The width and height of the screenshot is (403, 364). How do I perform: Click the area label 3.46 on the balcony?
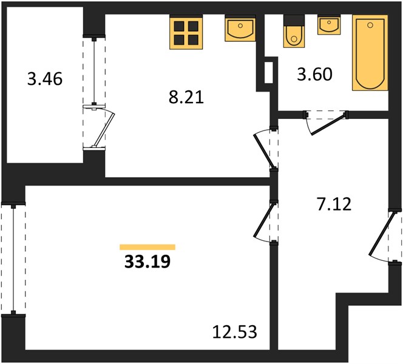pyautogui.click(x=45, y=79)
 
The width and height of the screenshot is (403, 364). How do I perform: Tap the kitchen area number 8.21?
pyautogui.click(x=186, y=97)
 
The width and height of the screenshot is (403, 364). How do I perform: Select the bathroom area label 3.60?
pyautogui.click(x=314, y=75)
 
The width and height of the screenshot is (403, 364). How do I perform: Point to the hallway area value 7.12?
pyautogui.click(x=334, y=204)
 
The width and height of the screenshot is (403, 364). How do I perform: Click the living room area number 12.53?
pyautogui.click(x=235, y=332)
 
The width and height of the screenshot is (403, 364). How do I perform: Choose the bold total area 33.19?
pyautogui.click(x=147, y=262)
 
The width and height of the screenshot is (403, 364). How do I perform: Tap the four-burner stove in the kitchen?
pyautogui.click(x=186, y=32)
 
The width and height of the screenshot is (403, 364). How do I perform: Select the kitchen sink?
pyautogui.click(x=240, y=28)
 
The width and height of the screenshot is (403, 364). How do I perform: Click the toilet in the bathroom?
pyautogui.click(x=294, y=32)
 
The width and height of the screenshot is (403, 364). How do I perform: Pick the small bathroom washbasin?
pyautogui.click(x=329, y=25)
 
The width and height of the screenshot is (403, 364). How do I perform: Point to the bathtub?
pyautogui.click(x=370, y=53)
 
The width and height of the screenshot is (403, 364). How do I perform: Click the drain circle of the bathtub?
pyautogui.click(x=370, y=25)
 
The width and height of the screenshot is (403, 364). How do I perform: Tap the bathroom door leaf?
pyautogui.click(x=328, y=125)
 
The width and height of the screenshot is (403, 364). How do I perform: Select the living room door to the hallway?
pyautogui.click(x=263, y=220)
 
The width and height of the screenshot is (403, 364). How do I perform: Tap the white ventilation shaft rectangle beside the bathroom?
pyautogui.click(x=269, y=72)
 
